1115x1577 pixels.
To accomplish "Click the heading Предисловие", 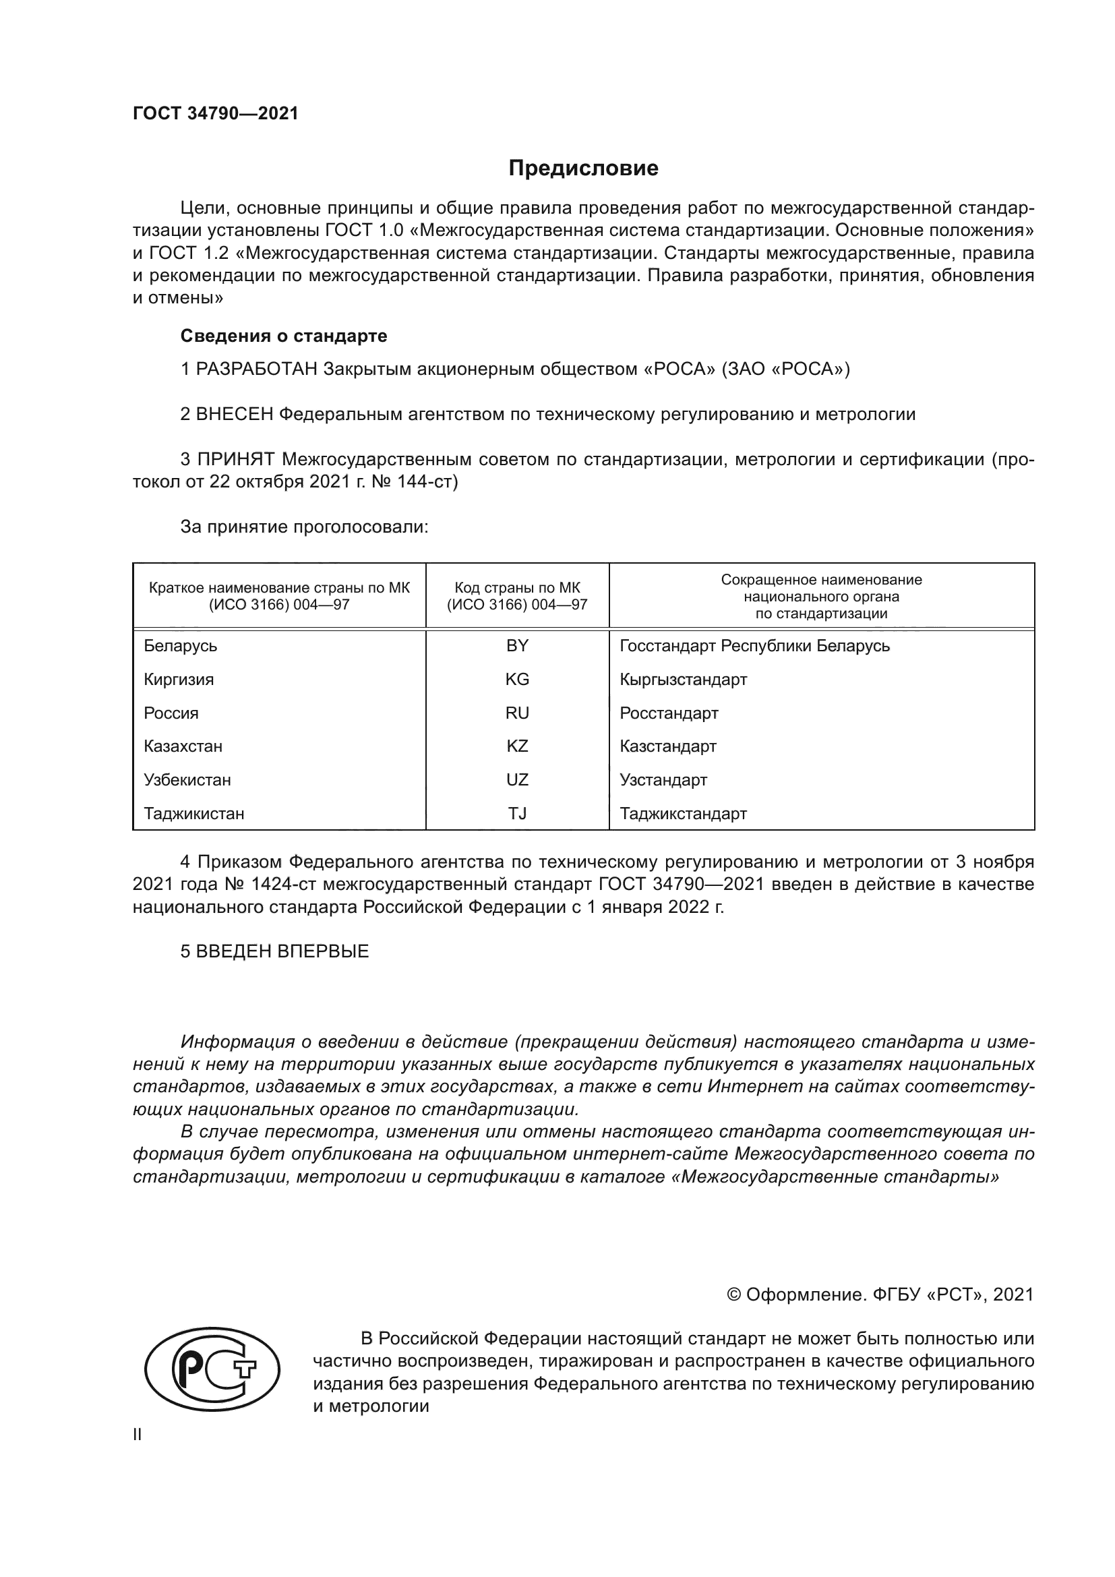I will point(583,169).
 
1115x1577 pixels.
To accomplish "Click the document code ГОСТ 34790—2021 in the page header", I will point(216,114).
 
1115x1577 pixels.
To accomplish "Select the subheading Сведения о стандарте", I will point(284,336).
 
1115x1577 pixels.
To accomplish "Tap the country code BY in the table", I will point(517,646).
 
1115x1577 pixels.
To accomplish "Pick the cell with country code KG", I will point(517,680).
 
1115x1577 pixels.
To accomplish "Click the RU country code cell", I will point(517,713).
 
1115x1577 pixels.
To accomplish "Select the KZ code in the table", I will point(517,746).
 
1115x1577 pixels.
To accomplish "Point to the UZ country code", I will point(517,779).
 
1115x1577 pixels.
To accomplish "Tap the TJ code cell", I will point(517,813).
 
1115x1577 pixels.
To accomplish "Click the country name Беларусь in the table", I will point(181,646).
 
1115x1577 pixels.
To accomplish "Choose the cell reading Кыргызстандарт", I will point(683,680).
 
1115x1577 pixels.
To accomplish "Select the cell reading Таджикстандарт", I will point(683,813).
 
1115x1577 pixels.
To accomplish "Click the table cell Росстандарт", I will point(669,713).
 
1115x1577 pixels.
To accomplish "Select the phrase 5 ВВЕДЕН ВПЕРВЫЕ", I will point(274,951).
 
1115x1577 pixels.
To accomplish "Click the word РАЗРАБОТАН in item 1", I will point(257,369).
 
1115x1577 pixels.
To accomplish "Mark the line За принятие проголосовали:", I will point(304,527).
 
